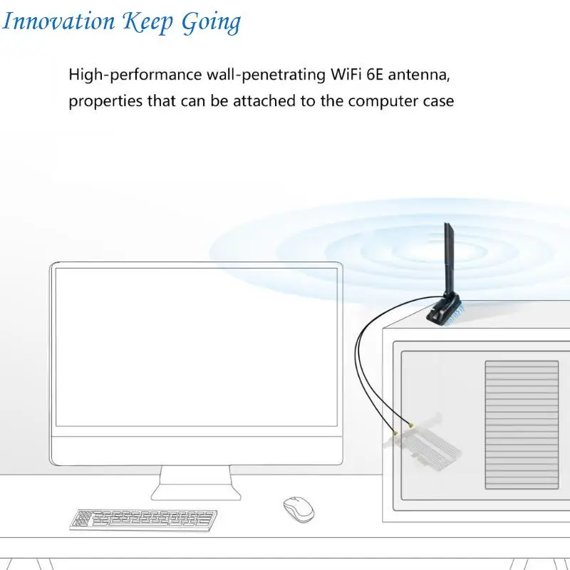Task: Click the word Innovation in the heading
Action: [x=58, y=21]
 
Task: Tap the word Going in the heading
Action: [x=211, y=23]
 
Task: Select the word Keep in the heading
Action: [x=147, y=23]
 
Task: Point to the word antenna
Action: [x=419, y=76]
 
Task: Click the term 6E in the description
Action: [x=375, y=75]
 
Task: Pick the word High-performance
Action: [x=135, y=76]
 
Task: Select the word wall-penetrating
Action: [x=266, y=76]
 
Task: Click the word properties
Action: [x=105, y=101]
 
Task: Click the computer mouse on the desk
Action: [x=299, y=509]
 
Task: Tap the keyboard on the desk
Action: [x=143, y=520]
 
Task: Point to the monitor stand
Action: [x=196, y=483]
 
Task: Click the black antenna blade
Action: [x=450, y=258]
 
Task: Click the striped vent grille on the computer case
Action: [x=522, y=425]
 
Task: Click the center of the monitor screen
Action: [x=197, y=347]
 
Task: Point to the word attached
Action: [x=264, y=100]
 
